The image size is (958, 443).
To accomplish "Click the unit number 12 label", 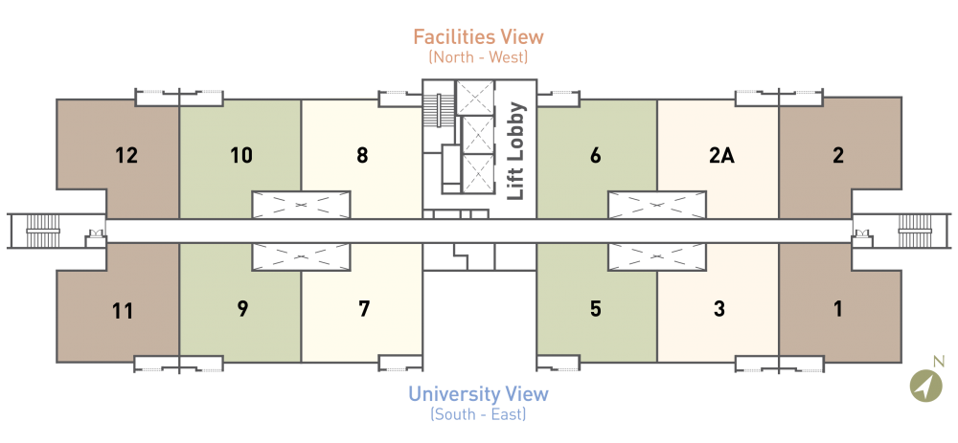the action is coord(126,156).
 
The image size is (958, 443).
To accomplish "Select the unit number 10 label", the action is coord(241,156).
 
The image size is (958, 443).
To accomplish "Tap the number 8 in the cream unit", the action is coord(362,156).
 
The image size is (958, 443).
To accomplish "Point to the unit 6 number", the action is coord(596,156).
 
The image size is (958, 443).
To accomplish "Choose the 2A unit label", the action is coord(721,156).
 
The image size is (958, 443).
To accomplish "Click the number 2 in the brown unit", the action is coord(838,156).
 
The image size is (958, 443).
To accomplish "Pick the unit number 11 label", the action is coord(123,311).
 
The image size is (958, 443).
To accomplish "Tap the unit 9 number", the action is coord(242,309).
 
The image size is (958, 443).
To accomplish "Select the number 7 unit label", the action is coord(364,309).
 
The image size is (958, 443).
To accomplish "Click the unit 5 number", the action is coord(596,309).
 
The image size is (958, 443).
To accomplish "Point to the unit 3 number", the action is coord(719,309).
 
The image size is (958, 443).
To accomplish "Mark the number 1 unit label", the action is coord(838,309).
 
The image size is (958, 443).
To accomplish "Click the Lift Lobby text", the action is coord(517,150).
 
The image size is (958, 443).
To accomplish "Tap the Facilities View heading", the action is coord(478,36).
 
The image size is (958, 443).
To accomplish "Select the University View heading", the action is coord(478,393).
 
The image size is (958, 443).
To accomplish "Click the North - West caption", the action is coord(478,58).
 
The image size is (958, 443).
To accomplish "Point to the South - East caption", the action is coord(478,415).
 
